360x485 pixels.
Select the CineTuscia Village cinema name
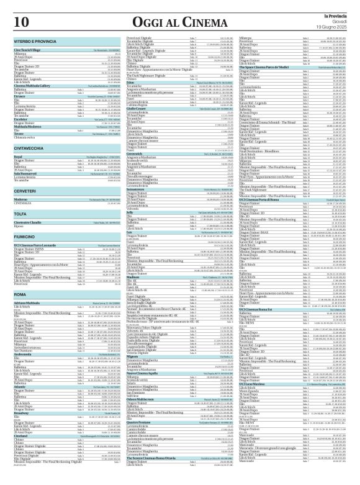[26, 48]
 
